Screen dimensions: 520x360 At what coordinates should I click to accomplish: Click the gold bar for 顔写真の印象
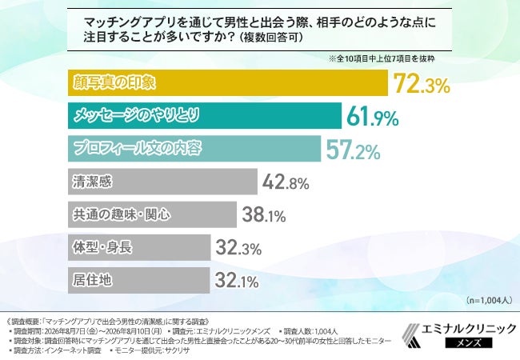pos(228,83)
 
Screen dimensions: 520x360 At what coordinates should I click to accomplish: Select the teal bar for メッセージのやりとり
pos(205,116)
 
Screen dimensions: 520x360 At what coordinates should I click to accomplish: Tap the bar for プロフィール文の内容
pos(194,149)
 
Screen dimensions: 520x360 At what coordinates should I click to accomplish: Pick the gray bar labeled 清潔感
pos(162,182)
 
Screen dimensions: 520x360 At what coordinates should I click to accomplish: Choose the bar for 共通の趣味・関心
pos(152,214)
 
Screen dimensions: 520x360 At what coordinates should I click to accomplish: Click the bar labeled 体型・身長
pos(139,247)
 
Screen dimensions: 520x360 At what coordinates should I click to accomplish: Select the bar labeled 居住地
pos(139,281)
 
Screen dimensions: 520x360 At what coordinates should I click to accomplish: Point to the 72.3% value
pos(422,84)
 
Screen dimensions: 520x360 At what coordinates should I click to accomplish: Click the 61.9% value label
pos(373,117)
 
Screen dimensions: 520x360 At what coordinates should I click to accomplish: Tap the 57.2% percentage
pos(353,150)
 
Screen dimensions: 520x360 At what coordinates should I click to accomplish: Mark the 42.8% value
pos(286,182)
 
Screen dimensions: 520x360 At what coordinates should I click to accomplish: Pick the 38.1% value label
pos(264,215)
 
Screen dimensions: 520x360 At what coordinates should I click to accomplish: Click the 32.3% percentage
pos(238,248)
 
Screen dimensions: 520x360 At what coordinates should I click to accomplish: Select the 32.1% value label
pos(237,281)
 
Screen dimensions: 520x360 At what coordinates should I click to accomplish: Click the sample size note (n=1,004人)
pos(489,300)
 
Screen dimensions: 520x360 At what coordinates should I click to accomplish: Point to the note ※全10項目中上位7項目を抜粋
pos(382,59)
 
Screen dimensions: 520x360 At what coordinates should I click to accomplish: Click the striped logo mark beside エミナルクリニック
pos(411,335)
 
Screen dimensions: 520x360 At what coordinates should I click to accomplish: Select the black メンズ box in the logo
pos(469,342)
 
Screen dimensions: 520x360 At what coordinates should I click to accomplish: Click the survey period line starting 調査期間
pos(87,331)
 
